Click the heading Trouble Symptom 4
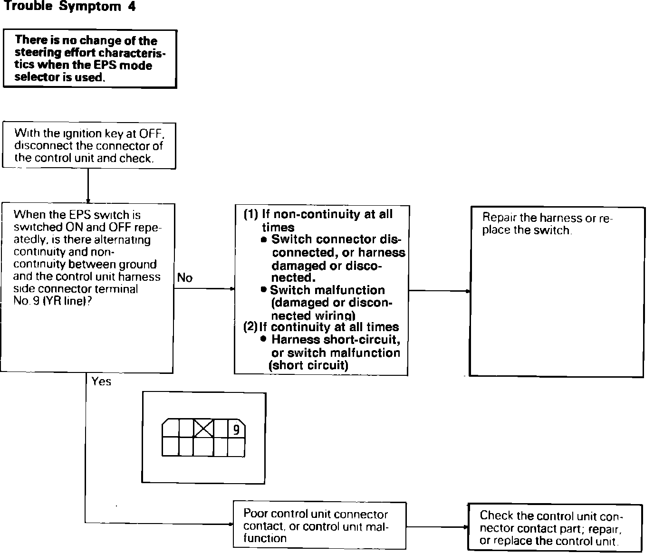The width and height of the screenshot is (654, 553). [x=69, y=7]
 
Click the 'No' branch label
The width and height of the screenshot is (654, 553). [x=185, y=278]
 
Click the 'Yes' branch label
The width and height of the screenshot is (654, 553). [x=101, y=381]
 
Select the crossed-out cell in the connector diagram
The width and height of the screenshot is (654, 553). [x=204, y=429]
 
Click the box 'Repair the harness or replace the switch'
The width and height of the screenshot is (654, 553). [x=556, y=291]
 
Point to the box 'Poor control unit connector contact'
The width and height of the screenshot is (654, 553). [x=319, y=525]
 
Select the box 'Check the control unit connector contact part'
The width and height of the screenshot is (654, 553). [x=555, y=528]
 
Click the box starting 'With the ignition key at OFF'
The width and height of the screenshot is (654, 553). [x=89, y=145]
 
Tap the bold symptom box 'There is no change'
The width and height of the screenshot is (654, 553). [x=90, y=58]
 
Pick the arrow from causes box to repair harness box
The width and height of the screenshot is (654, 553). [x=439, y=291]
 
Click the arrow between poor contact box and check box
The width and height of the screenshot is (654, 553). [x=437, y=527]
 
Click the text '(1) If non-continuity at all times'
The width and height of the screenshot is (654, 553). [x=318, y=220]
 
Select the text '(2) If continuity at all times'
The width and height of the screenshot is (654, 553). [x=321, y=327]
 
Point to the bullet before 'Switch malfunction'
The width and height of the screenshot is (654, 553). [x=263, y=290]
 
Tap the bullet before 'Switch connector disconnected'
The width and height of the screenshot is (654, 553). [x=264, y=239]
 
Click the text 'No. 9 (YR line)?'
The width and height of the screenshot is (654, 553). [x=52, y=301]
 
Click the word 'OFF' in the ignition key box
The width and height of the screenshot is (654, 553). [x=151, y=133]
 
